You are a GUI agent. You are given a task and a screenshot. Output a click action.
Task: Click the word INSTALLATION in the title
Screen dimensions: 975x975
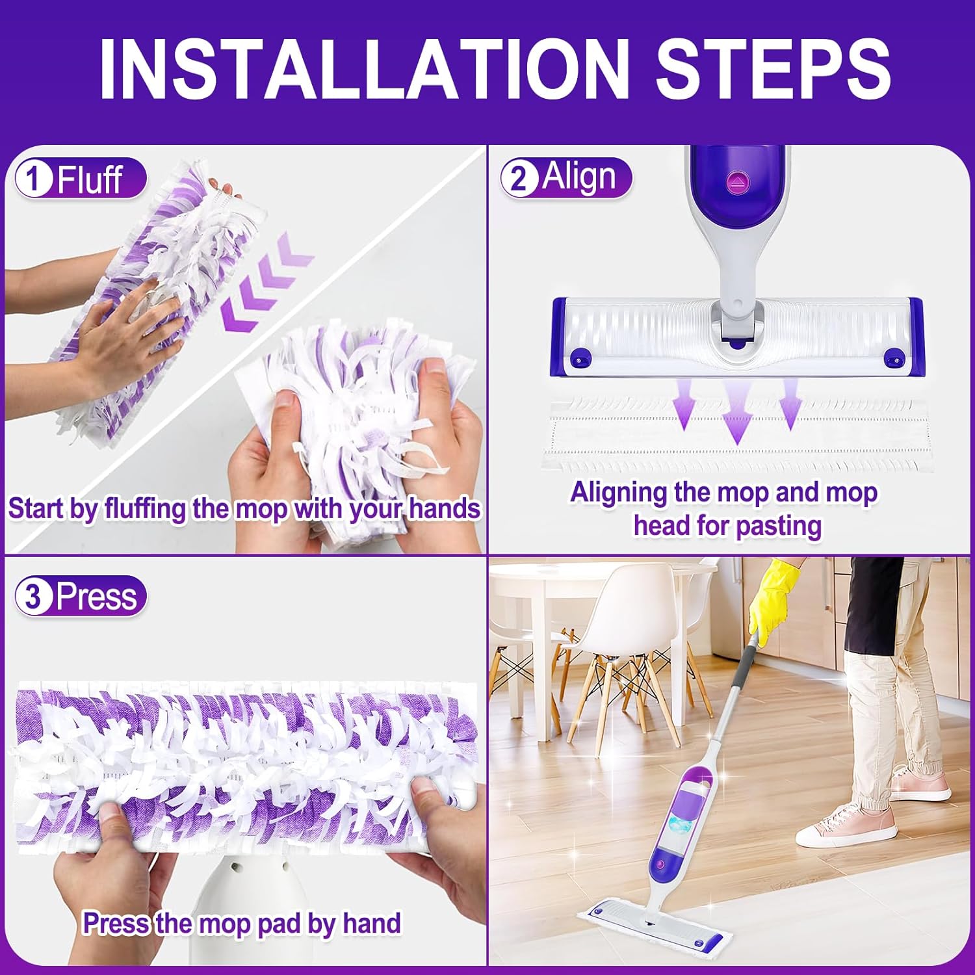pyautogui.click(x=364, y=68)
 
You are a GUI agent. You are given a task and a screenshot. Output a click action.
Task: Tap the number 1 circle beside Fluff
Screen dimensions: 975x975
pyautogui.click(x=34, y=179)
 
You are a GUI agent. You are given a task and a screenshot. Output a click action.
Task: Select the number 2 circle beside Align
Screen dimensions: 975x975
pyautogui.click(x=519, y=178)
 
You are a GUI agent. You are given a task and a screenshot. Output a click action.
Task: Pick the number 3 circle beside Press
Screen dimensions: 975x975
pyautogui.click(x=34, y=596)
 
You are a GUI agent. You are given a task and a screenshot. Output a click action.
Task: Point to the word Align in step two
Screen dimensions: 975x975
pyautogui.click(x=578, y=177)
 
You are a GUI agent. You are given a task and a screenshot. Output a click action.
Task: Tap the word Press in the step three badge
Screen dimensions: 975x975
pyautogui.click(x=96, y=596)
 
